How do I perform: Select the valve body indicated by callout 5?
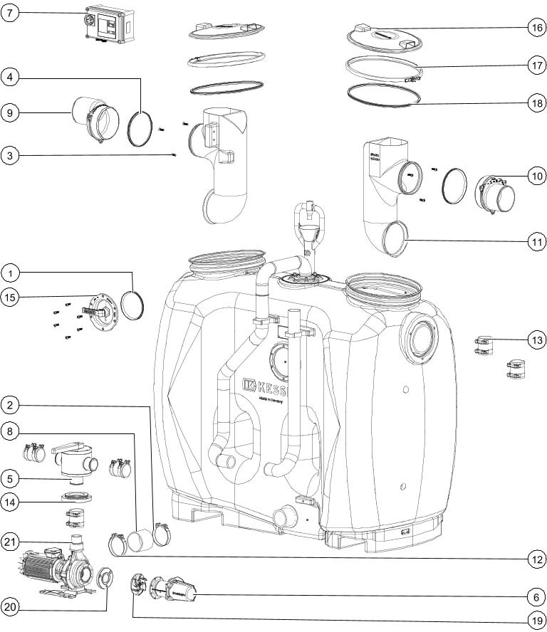pyautogui.click(x=73, y=460)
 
